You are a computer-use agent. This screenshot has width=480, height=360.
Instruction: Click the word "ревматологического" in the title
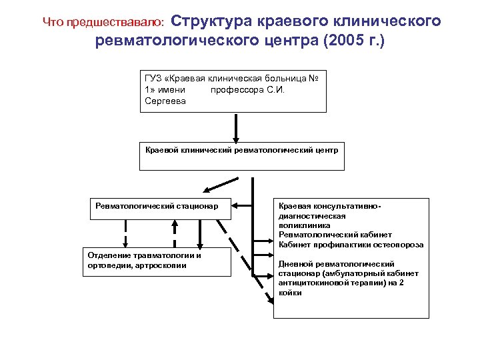click(x=176, y=41)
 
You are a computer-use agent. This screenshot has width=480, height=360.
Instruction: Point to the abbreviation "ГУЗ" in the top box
click(x=153, y=79)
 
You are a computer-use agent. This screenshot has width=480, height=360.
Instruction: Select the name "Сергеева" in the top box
click(x=165, y=101)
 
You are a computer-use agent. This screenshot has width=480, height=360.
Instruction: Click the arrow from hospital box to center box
click(x=235, y=127)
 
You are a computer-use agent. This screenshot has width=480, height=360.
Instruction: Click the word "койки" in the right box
click(x=290, y=293)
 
